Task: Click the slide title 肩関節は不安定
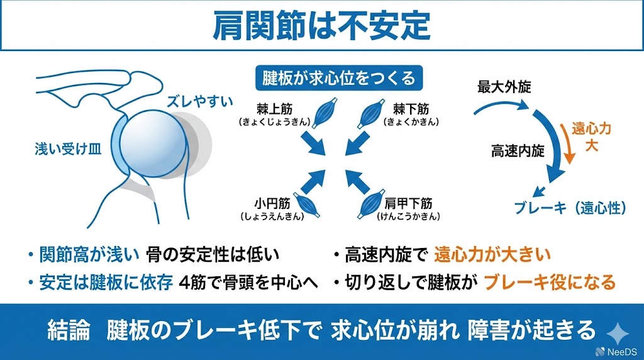321,25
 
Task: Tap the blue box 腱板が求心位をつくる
339,78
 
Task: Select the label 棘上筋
274,109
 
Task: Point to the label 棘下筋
411,109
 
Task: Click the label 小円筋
272,203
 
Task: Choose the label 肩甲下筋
408,203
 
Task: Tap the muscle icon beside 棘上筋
325,113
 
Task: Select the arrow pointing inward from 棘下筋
356,143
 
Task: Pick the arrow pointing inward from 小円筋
313,181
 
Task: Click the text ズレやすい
199,101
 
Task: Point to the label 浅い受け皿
68,149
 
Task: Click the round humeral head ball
153,144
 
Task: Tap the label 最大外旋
504,87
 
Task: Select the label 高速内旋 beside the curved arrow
518,151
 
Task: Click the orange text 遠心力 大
591,137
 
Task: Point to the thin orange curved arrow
567,142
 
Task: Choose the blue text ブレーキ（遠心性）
570,208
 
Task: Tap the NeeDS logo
616,352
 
